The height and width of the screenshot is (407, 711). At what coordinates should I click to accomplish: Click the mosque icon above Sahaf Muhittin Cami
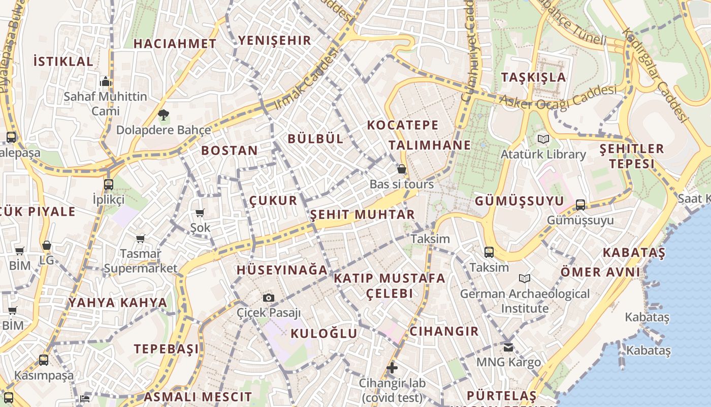(106, 81)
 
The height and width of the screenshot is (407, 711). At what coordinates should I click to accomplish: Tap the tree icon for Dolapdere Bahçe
(163, 115)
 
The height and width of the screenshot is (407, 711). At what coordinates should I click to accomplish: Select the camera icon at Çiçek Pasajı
(269, 298)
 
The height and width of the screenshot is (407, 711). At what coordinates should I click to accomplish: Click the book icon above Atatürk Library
(543, 139)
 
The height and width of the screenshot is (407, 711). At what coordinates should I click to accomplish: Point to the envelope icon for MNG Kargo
(508, 347)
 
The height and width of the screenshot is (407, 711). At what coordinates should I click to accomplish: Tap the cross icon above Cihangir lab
(392, 367)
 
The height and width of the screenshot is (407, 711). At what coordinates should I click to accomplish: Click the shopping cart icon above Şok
(200, 213)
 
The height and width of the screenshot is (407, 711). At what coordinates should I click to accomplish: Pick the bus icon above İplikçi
(109, 184)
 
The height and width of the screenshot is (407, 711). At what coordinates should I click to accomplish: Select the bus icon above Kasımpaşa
(44, 360)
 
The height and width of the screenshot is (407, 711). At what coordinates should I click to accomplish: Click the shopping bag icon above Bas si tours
(402, 169)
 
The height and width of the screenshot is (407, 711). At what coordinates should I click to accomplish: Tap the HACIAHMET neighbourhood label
(175, 44)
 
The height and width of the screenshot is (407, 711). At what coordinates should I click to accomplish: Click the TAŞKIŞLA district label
(533, 77)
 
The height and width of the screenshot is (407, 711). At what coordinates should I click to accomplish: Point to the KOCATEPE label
(403, 125)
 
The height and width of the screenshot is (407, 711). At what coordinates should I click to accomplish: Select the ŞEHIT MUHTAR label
(363, 214)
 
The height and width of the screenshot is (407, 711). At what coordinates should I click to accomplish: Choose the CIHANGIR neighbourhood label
(444, 332)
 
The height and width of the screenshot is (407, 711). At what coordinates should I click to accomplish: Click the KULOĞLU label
(324, 334)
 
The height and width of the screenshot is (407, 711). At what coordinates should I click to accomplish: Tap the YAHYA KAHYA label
(118, 303)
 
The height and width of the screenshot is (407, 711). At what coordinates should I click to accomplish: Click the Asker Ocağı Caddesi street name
(557, 97)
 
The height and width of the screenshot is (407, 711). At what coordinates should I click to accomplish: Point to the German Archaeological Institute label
(525, 301)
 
